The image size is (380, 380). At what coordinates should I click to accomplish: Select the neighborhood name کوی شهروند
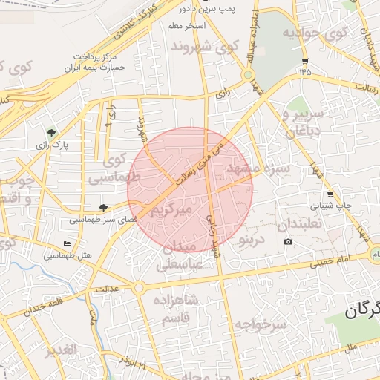pyautogui.click(x=204, y=47)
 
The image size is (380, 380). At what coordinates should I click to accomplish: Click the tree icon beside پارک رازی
pyautogui.click(x=51, y=134)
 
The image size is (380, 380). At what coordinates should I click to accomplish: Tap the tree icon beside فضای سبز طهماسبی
pyautogui.click(x=103, y=209)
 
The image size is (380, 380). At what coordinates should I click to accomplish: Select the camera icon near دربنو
pyautogui.click(x=288, y=242)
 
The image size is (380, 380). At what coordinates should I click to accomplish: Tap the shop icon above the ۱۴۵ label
pyautogui.click(x=305, y=61)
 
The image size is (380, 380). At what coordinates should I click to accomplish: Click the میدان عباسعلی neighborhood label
pyautogui.click(x=178, y=253)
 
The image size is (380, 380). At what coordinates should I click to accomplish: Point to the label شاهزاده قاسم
pyautogui.click(x=177, y=307)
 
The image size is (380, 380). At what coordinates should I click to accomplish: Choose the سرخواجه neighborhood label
pyautogui.click(x=261, y=325)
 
